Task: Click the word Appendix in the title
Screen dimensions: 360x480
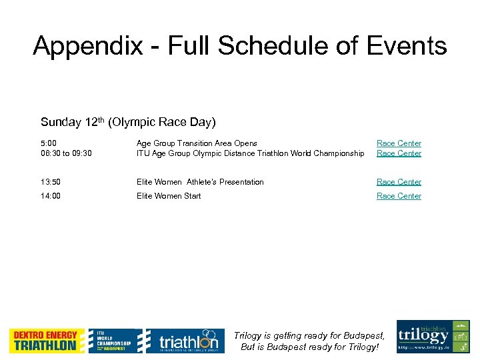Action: coord(87,46)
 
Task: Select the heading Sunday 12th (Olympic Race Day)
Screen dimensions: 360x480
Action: coord(128,122)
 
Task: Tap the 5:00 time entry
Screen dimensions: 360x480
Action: coord(49,143)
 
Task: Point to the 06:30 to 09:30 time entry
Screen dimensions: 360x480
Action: coord(66,153)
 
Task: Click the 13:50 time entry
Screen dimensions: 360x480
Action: coord(51,182)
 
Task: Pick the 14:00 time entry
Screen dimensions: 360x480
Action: coord(51,196)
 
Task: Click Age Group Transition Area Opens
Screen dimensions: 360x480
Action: coord(197,143)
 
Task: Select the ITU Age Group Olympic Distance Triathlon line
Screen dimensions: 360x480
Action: coord(250,153)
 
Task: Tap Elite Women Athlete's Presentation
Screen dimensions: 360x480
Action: coord(200,182)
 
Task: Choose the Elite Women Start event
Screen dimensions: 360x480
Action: coord(169,196)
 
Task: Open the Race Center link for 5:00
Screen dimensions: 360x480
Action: coord(399,143)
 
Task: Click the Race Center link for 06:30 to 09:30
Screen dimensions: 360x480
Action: coord(399,153)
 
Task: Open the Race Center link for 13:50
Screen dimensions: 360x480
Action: coord(399,182)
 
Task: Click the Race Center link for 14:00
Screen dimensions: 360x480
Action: coord(399,196)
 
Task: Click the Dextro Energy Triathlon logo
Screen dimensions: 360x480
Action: coord(47,341)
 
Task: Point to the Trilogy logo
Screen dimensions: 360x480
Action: coord(433,337)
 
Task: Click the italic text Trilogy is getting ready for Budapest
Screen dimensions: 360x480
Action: coord(309,336)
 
